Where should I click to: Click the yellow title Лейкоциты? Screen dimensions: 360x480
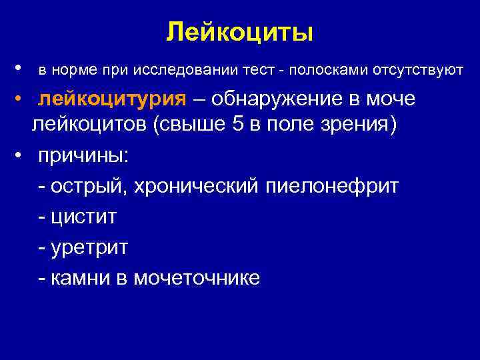click(x=239, y=31)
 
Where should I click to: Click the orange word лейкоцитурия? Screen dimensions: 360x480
click(x=112, y=99)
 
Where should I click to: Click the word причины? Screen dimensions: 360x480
click(x=85, y=157)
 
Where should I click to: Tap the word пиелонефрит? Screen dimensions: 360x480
click(x=332, y=187)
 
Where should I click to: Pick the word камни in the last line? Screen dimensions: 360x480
click(x=83, y=278)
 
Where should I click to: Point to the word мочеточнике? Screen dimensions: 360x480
click(x=197, y=278)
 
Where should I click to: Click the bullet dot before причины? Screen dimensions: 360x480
click(x=22, y=155)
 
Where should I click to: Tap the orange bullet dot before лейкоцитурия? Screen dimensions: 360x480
click(x=22, y=99)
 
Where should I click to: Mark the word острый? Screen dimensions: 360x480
click(x=89, y=187)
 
